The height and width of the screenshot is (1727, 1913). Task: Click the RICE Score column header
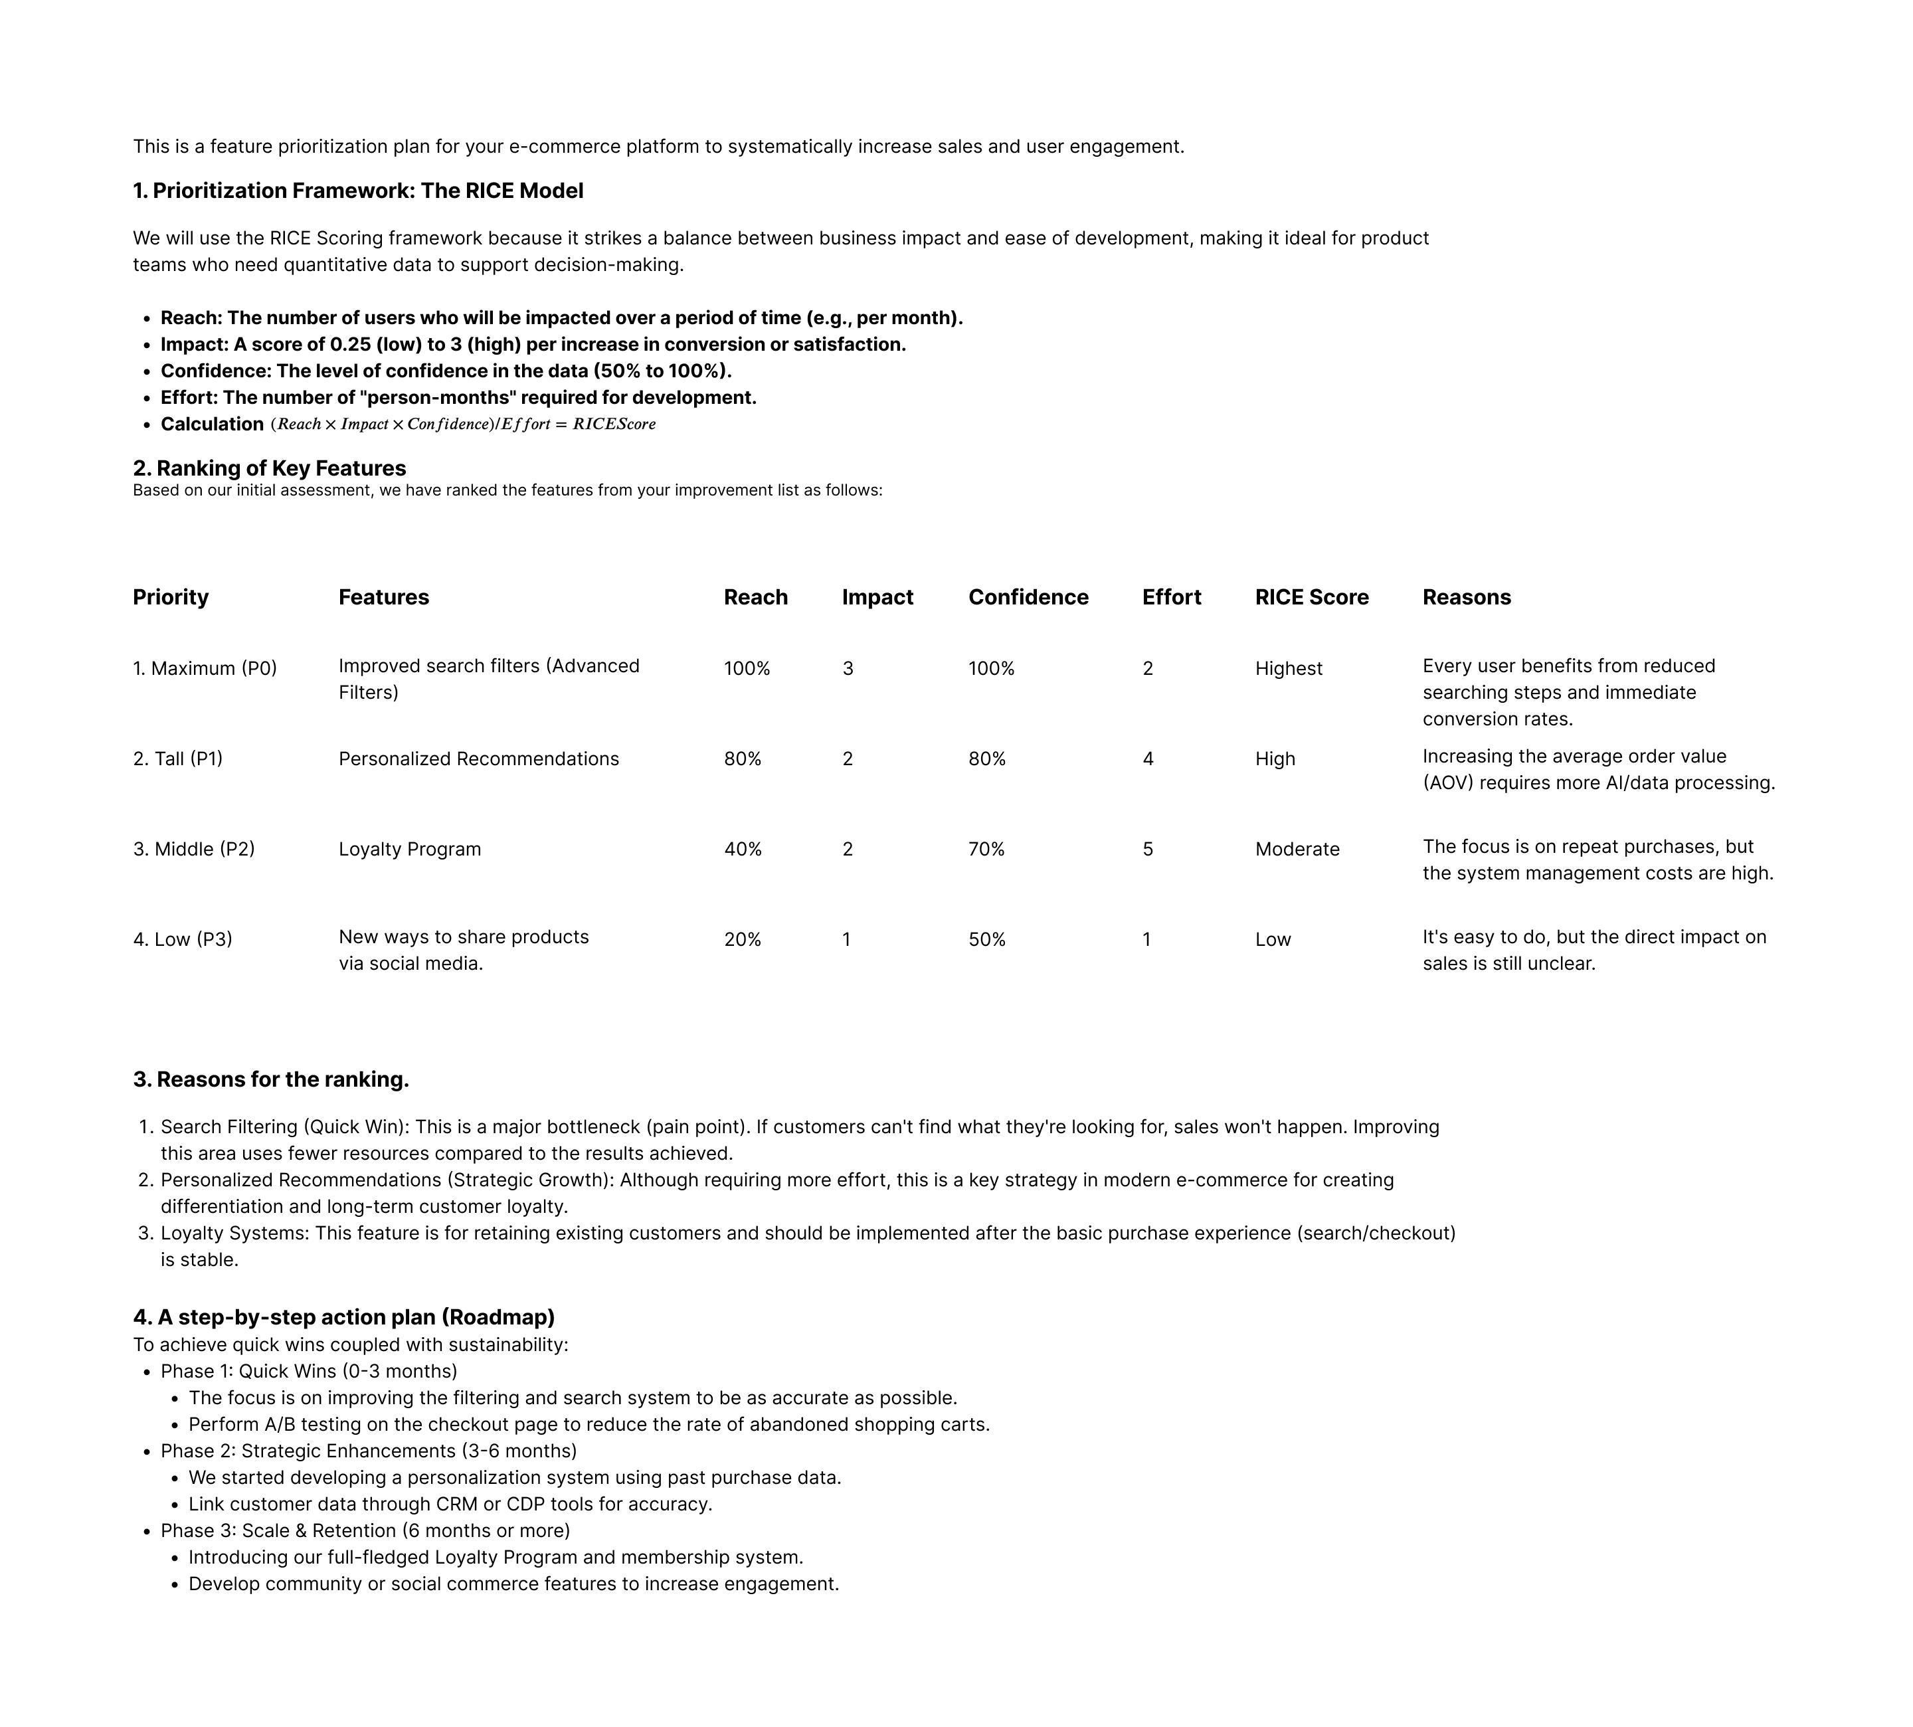tap(1311, 597)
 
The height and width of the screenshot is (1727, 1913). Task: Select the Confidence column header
tap(1028, 597)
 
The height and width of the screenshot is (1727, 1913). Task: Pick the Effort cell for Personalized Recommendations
tap(1147, 759)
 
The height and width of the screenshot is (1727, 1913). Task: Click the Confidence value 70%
tap(986, 850)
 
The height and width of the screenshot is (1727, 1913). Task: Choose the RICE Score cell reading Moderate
tap(1296, 850)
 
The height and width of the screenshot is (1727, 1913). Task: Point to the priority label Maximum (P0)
tap(205, 669)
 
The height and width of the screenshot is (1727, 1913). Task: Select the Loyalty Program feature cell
tap(409, 850)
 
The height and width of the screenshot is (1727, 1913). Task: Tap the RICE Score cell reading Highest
tap(1288, 669)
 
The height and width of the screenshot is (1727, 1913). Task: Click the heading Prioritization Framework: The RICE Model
tap(358, 191)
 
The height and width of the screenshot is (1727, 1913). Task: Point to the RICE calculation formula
tap(463, 424)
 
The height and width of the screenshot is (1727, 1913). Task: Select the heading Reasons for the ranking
tap(272, 1080)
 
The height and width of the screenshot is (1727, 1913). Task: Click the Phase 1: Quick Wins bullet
tap(308, 1371)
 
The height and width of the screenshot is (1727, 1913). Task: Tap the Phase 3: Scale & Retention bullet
tap(365, 1530)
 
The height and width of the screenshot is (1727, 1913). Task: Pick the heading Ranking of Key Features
tap(270, 468)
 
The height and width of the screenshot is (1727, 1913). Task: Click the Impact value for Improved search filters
tap(848, 669)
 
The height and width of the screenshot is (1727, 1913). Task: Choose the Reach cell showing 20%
tap(742, 939)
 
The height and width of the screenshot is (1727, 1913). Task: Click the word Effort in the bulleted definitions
tap(187, 398)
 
